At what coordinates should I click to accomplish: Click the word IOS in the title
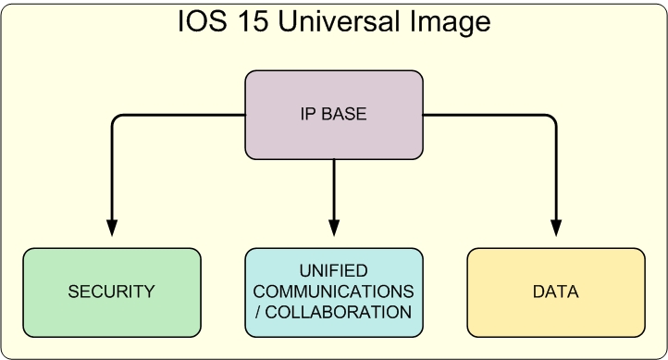[x=202, y=21]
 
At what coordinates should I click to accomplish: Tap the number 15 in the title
[x=253, y=21]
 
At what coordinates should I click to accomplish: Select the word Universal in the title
[x=339, y=21]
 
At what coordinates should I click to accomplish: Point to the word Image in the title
[x=451, y=23]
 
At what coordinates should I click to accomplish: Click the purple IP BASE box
[x=334, y=115]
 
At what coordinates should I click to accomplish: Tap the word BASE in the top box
[x=344, y=114]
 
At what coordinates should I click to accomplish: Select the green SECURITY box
[x=112, y=292]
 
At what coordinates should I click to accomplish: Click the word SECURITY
[x=111, y=292]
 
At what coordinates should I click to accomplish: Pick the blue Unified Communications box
[x=334, y=292]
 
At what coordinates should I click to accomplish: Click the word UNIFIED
[x=334, y=271]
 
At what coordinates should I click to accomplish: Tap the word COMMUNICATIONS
[x=334, y=292]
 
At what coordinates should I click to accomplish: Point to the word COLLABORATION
[x=339, y=312]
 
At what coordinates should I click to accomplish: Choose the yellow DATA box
[x=556, y=292]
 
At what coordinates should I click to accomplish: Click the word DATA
[x=555, y=292]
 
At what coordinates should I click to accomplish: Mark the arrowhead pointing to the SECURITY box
[x=112, y=228]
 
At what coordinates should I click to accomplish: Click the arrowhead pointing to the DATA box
[x=556, y=228]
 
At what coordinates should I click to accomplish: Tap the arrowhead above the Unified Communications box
[x=334, y=228]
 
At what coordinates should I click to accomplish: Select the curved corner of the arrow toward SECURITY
[x=116, y=118]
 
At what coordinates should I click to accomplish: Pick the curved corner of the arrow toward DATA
[x=552, y=118]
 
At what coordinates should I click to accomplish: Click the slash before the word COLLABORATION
[x=258, y=312]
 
